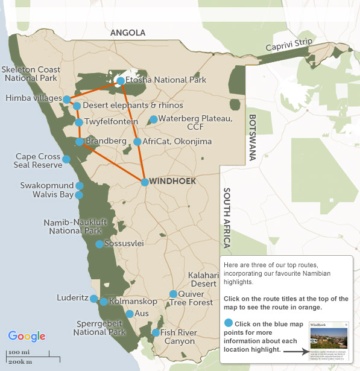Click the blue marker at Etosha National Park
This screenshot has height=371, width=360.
(121, 81)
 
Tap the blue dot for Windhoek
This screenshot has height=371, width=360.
(145, 182)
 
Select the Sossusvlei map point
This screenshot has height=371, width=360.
(99, 244)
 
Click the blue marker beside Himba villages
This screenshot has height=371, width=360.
(66, 99)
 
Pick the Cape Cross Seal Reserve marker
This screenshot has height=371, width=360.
(66, 159)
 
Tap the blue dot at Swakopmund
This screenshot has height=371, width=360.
(79, 186)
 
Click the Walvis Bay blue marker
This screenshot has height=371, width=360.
(79, 195)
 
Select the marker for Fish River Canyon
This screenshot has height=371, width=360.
(156, 332)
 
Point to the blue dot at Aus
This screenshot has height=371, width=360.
(130, 314)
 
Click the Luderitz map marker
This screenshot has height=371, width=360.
(93, 299)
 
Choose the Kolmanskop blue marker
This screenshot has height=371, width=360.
(104, 302)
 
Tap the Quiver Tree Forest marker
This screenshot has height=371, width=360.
(173, 294)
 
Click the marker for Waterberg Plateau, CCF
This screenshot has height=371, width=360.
(153, 119)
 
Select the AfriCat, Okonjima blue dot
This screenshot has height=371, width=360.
(137, 142)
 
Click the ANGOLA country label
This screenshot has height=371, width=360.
(128, 33)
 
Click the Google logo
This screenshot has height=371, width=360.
(27, 336)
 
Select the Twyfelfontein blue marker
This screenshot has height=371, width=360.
(79, 122)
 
